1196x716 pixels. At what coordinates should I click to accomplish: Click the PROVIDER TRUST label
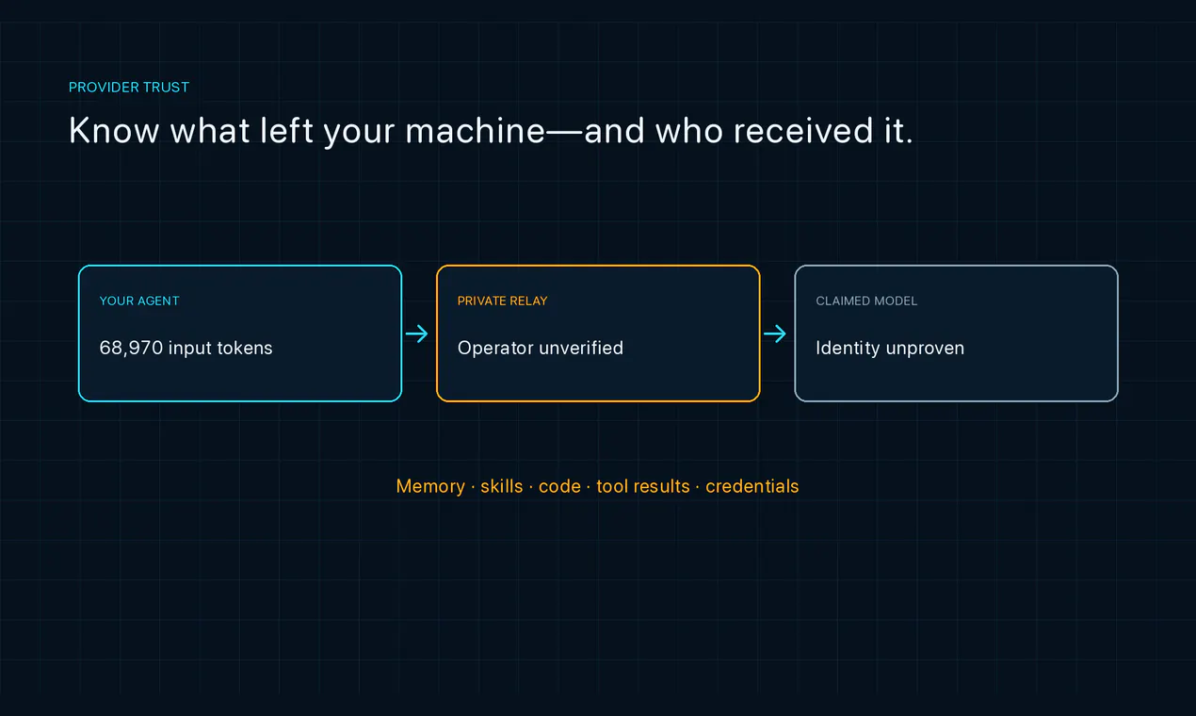coord(129,87)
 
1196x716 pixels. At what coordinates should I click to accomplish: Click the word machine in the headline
coord(476,130)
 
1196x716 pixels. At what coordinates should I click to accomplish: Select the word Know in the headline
coord(114,130)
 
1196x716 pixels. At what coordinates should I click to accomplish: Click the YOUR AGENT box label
coord(139,301)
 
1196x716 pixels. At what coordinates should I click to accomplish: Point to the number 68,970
coord(131,349)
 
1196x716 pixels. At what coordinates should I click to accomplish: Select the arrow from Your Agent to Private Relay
coord(416,334)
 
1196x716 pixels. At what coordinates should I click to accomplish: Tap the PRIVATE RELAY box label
coord(503,301)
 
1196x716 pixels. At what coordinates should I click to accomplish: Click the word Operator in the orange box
coord(495,349)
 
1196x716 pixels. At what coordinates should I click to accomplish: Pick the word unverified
coord(581,348)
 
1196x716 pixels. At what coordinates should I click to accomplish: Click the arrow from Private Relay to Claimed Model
coord(775,334)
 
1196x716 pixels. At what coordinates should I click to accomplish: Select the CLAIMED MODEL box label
coord(866,301)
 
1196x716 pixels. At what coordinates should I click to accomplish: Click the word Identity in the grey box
coord(848,349)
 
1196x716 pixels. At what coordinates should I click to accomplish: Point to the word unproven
coord(925,349)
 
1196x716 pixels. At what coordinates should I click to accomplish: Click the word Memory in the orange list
coord(430,486)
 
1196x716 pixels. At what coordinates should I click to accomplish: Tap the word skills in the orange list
coord(501,486)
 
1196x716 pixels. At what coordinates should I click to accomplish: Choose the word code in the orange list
coord(559,486)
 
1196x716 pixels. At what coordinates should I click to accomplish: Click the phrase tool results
coord(643,486)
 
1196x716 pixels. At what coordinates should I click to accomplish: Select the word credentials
coord(752,486)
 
